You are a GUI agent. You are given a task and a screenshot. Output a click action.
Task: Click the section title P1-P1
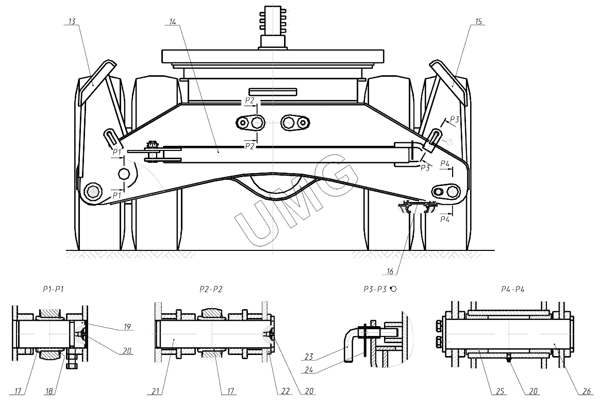point(54,290)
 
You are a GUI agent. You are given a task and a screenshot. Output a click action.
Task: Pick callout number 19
point(127,327)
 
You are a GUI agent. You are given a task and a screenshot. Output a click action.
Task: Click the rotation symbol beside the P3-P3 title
point(393,290)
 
